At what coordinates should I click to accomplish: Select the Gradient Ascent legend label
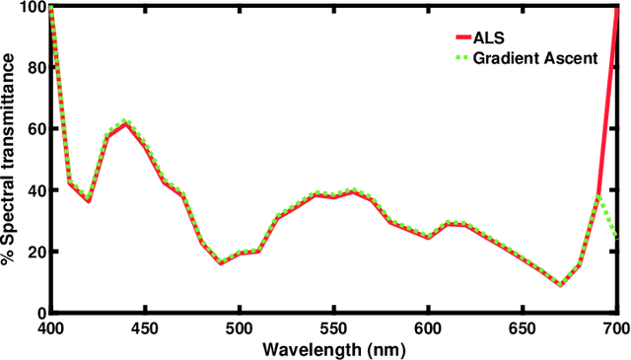coord(538,58)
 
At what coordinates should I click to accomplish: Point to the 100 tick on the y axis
coord(31,7)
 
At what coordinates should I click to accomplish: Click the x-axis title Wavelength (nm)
coord(333,348)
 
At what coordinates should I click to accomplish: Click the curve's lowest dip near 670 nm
coord(560,285)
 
